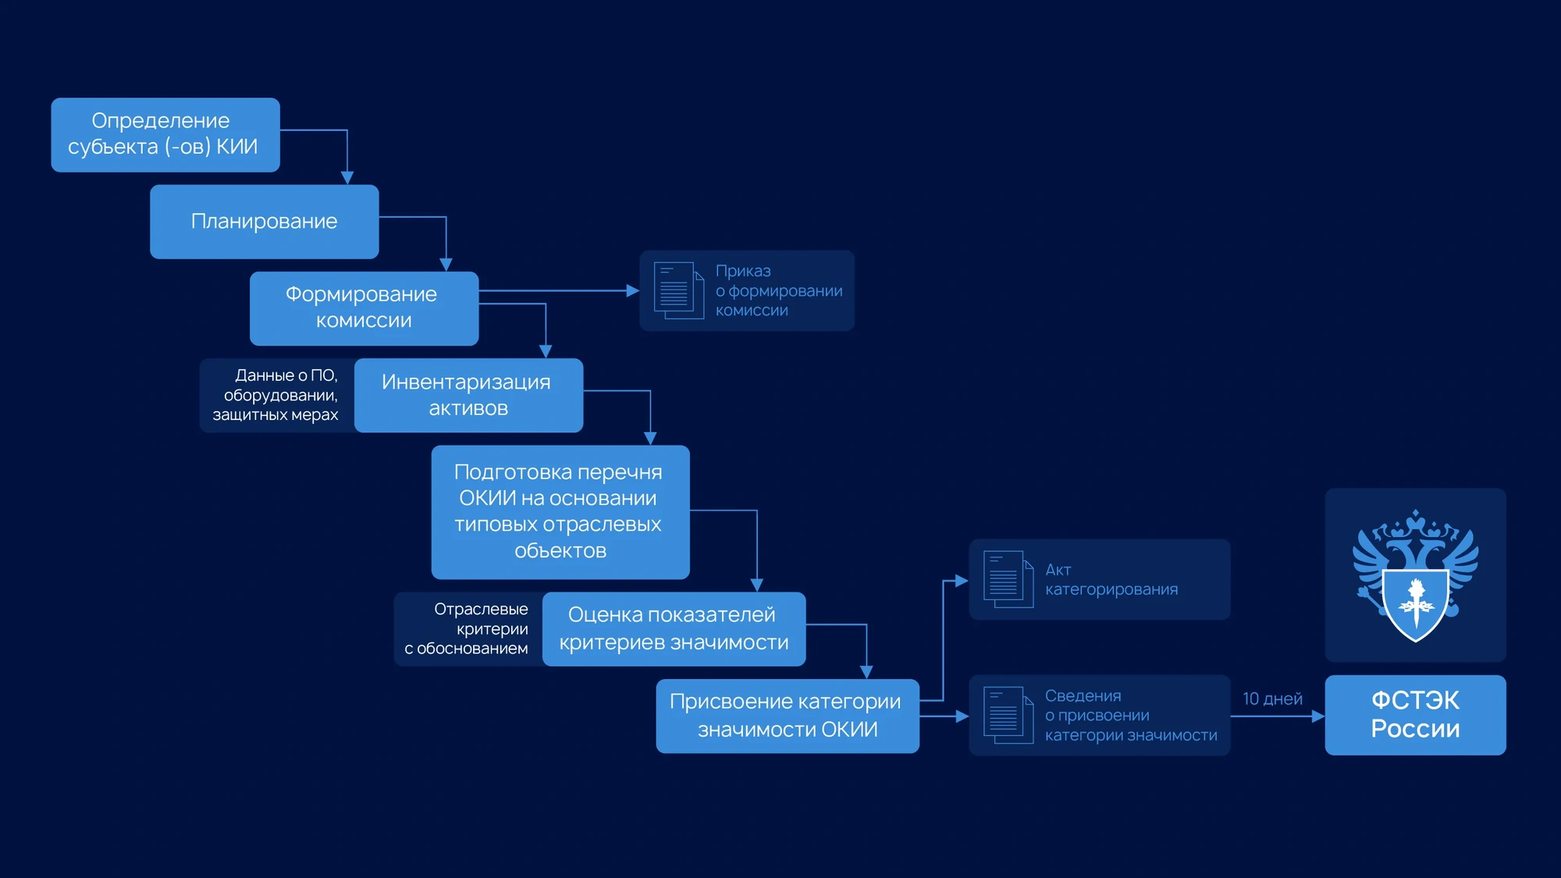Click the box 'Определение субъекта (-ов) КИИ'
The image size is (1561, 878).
tap(165, 135)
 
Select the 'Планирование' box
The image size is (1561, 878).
tap(265, 222)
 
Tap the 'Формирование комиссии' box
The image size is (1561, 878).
tap(364, 308)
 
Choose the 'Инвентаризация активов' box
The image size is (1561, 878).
tap(468, 395)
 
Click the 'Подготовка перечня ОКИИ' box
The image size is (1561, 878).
tap(560, 512)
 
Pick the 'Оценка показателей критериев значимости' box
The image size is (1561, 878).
tap(674, 629)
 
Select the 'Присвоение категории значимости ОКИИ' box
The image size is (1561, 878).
tap(788, 716)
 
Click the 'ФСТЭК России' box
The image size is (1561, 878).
tap(1415, 715)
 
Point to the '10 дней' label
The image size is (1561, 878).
tap(1272, 698)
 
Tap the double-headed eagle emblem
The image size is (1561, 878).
tap(1415, 575)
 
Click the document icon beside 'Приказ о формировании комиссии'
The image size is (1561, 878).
tap(678, 290)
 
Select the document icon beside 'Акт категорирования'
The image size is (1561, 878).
tap(1008, 579)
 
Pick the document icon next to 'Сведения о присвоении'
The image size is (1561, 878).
tap(1008, 715)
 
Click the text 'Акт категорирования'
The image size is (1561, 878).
tap(1111, 579)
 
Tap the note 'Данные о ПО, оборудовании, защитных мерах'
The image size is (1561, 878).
tap(276, 395)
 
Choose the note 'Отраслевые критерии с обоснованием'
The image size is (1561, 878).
tap(466, 628)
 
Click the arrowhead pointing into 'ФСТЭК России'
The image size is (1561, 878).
tap(1318, 716)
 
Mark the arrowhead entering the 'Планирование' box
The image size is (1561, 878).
tap(347, 178)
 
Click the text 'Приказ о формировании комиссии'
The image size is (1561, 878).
tap(779, 290)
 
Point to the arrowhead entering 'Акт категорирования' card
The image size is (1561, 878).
tap(962, 581)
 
